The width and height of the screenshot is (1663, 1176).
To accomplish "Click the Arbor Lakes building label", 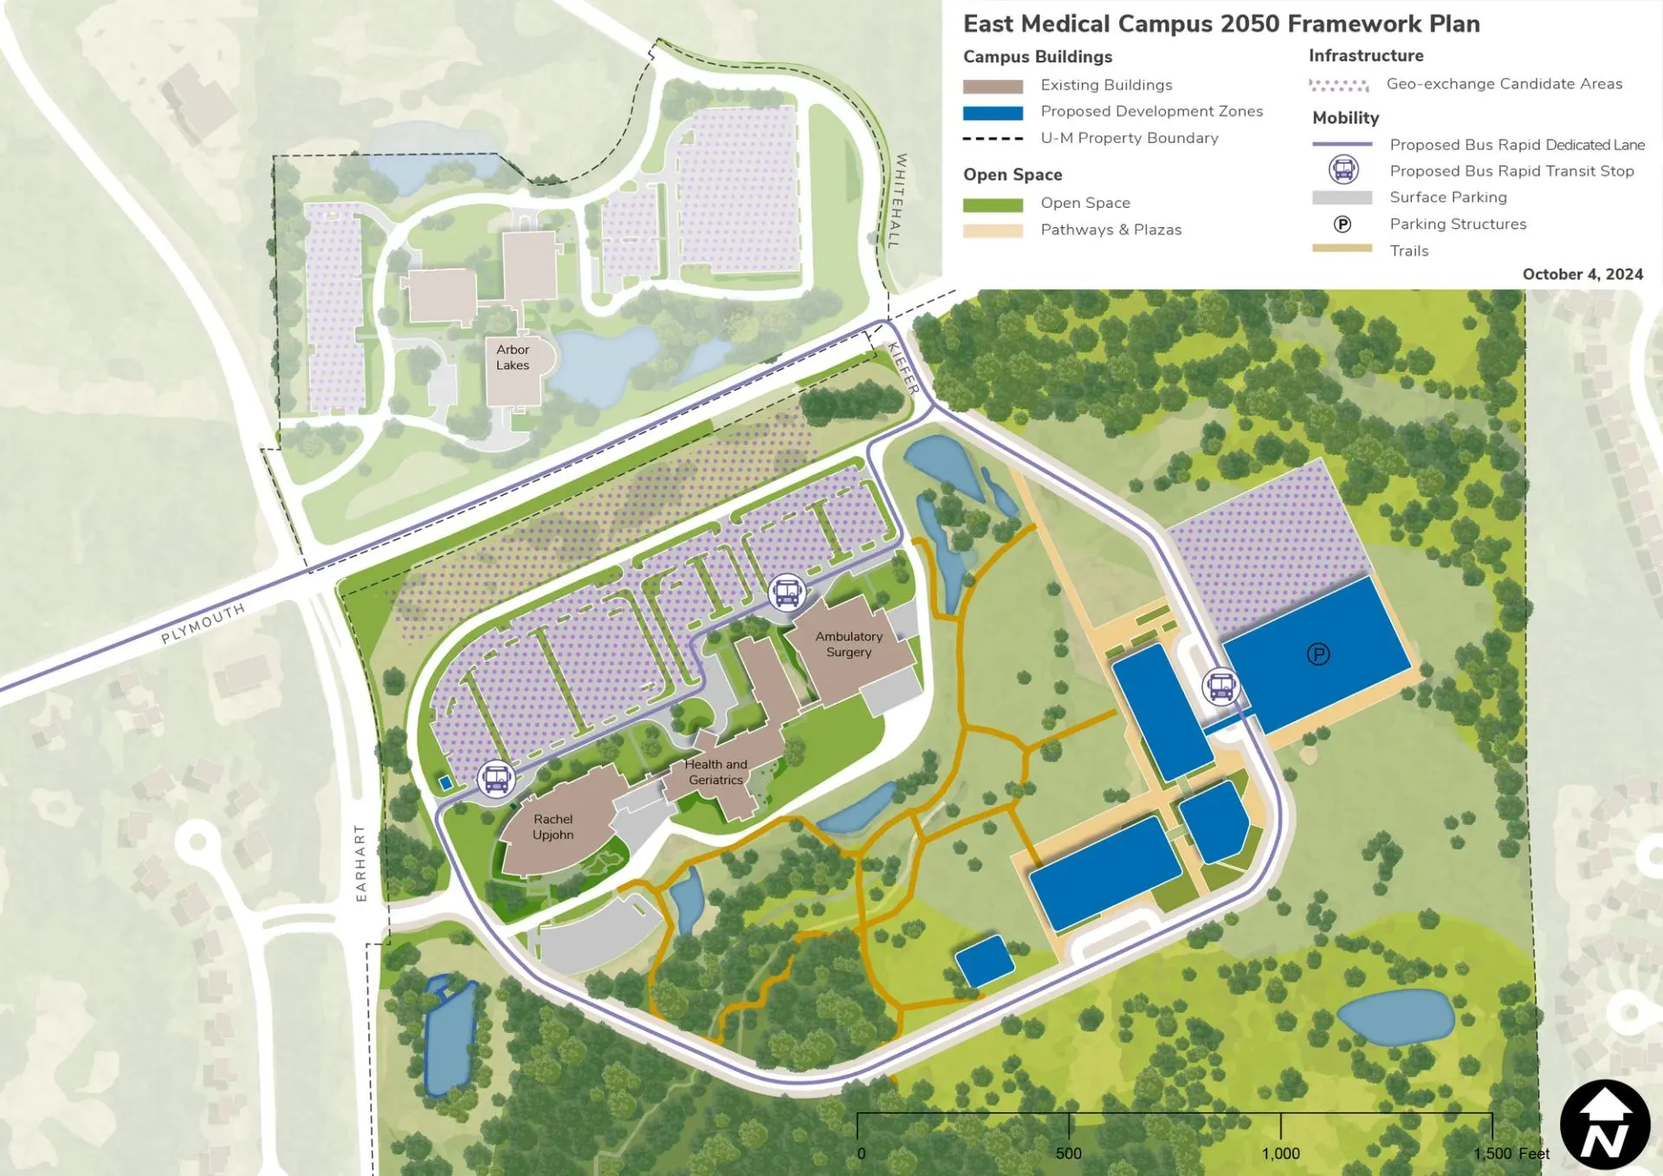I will pos(513,357).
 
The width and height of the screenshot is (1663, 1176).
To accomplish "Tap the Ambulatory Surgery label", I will pos(848,644).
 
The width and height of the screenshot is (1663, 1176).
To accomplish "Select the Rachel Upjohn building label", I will pos(553,827).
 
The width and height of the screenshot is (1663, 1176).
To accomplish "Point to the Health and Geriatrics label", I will pos(715,771).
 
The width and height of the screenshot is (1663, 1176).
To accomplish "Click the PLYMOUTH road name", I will pos(203,623).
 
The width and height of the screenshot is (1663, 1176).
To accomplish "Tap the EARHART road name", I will pos(361,862).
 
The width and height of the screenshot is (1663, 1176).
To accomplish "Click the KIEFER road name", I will pos(903,368).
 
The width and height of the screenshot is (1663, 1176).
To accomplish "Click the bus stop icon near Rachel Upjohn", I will pos(496,779).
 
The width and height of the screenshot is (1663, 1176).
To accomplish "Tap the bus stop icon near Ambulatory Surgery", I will pos(786,593).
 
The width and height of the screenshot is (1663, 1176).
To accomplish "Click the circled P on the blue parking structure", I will pos(1317,654).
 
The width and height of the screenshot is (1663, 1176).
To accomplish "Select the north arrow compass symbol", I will pos(1604,1124).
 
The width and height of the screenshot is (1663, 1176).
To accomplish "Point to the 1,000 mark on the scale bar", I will pos(1280,1153).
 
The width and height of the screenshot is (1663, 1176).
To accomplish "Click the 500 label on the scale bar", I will pos(1068,1153).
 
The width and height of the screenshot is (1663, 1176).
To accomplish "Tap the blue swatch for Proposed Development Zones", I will pos(993,113).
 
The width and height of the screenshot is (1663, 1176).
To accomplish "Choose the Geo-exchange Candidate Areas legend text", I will pos(1504,84).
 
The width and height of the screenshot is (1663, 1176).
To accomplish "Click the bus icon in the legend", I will pos(1343,170).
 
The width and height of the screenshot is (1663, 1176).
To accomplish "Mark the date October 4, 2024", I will pos(1582,274).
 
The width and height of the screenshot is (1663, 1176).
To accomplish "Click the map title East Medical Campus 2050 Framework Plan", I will pos(1221,23).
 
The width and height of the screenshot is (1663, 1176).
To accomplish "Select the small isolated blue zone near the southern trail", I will pos(984,960).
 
